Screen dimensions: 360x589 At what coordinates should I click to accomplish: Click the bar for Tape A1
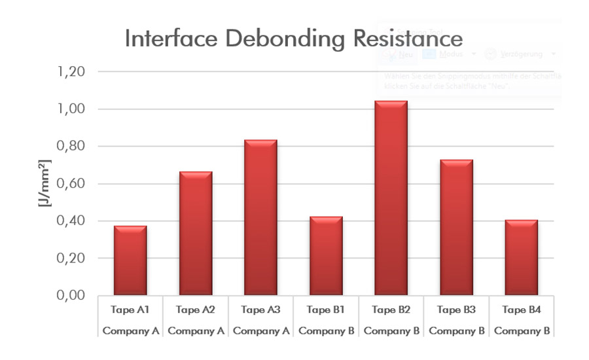[130, 261]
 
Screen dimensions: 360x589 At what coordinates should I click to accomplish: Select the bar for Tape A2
[196, 234]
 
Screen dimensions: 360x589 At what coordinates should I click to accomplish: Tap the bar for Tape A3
[260, 217]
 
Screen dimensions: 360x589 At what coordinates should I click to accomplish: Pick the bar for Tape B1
[326, 256]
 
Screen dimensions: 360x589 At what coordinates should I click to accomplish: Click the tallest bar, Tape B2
[391, 198]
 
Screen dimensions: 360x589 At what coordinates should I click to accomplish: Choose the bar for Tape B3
[456, 227]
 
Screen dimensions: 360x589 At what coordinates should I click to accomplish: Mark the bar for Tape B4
[521, 257]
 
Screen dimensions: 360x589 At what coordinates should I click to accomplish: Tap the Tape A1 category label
[130, 310]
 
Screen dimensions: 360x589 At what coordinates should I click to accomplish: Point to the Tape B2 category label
[391, 310]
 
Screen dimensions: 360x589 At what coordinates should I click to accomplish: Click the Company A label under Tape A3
[260, 331]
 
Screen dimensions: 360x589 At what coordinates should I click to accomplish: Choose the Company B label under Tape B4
[521, 331]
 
